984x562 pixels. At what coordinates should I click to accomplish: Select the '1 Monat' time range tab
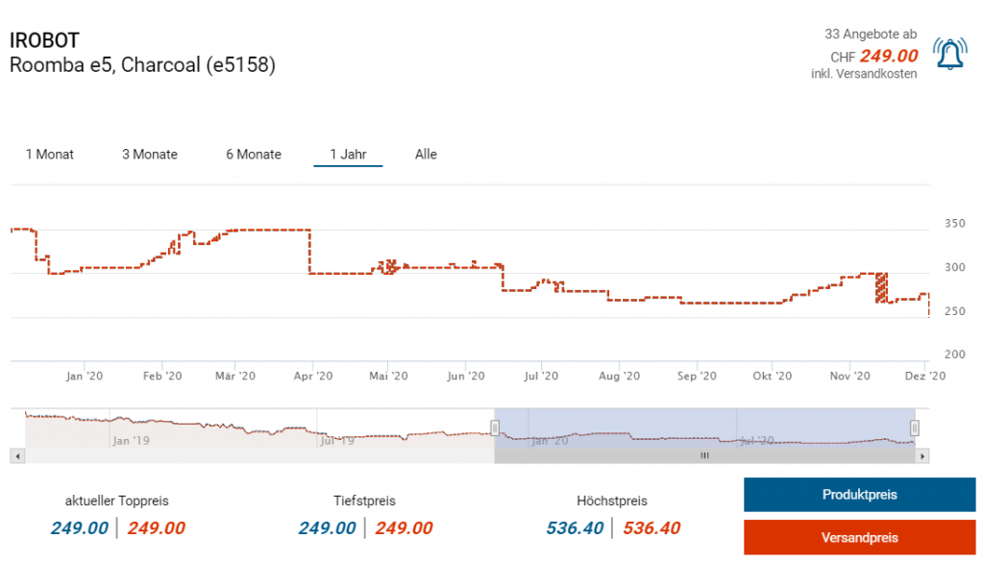click(x=50, y=154)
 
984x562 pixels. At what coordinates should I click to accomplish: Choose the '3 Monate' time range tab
click(x=150, y=154)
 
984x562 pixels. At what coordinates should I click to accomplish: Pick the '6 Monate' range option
click(x=254, y=154)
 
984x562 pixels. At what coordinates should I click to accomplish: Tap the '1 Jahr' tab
click(x=348, y=154)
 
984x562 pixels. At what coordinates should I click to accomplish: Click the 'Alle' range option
click(x=426, y=154)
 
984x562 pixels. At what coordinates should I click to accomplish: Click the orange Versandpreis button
click(x=859, y=537)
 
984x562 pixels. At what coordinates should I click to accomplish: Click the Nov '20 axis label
click(x=849, y=376)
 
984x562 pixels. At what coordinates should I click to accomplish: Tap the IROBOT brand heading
click(x=44, y=40)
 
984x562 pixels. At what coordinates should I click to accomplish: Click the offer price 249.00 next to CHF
click(x=889, y=56)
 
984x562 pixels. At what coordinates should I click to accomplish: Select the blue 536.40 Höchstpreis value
click(x=575, y=527)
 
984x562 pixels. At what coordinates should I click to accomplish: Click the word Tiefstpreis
click(x=364, y=501)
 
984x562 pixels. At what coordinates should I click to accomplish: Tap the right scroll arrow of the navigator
click(x=923, y=456)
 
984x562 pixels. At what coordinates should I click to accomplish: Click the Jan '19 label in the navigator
click(x=132, y=441)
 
